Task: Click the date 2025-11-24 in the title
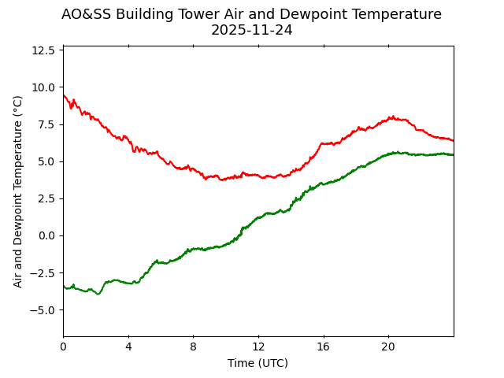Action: coord(251,30)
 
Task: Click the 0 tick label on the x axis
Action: coord(63,347)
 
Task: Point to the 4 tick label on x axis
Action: coord(128,347)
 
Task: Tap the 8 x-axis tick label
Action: coord(193,347)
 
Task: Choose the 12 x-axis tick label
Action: coord(258,347)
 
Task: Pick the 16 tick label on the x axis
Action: coord(323,347)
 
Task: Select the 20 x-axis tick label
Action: coord(388,347)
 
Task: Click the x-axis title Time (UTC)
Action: coord(258,363)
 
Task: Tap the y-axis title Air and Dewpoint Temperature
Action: coord(18,191)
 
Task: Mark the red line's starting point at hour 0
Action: coord(64,95)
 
